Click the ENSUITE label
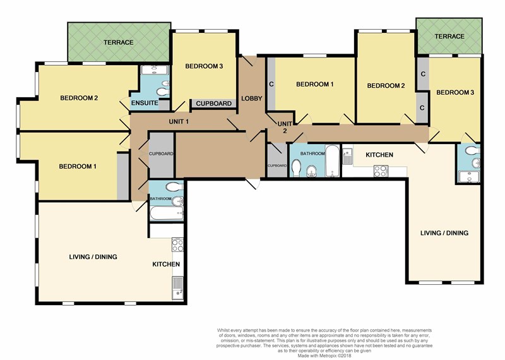click(x=145, y=103)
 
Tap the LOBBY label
click(x=251, y=99)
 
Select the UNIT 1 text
click(x=179, y=121)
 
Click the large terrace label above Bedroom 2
click(x=119, y=42)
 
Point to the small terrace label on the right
click(x=449, y=37)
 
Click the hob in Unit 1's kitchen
click(x=177, y=244)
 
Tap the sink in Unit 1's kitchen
click(x=177, y=287)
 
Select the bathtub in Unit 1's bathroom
click(x=167, y=213)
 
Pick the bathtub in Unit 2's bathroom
click(x=332, y=161)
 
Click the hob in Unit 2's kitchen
click(x=381, y=171)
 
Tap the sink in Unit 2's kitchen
click(x=347, y=155)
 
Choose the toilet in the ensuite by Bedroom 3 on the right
click(x=472, y=150)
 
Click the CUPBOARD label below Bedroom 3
click(x=214, y=104)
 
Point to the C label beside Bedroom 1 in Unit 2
click(x=271, y=84)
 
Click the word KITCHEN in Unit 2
click(x=379, y=155)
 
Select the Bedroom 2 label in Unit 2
click(x=386, y=86)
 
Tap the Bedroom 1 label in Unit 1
click(x=78, y=166)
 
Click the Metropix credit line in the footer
click(x=324, y=356)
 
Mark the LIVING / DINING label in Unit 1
click(x=93, y=257)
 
